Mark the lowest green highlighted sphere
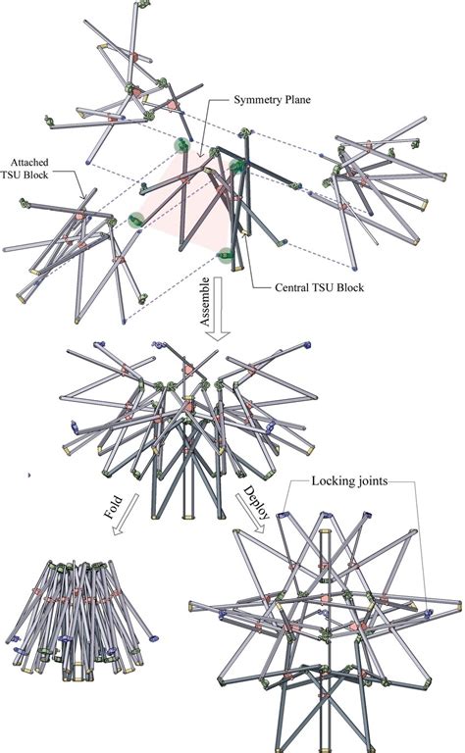[x=229, y=258]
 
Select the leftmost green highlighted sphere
[x=136, y=221]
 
